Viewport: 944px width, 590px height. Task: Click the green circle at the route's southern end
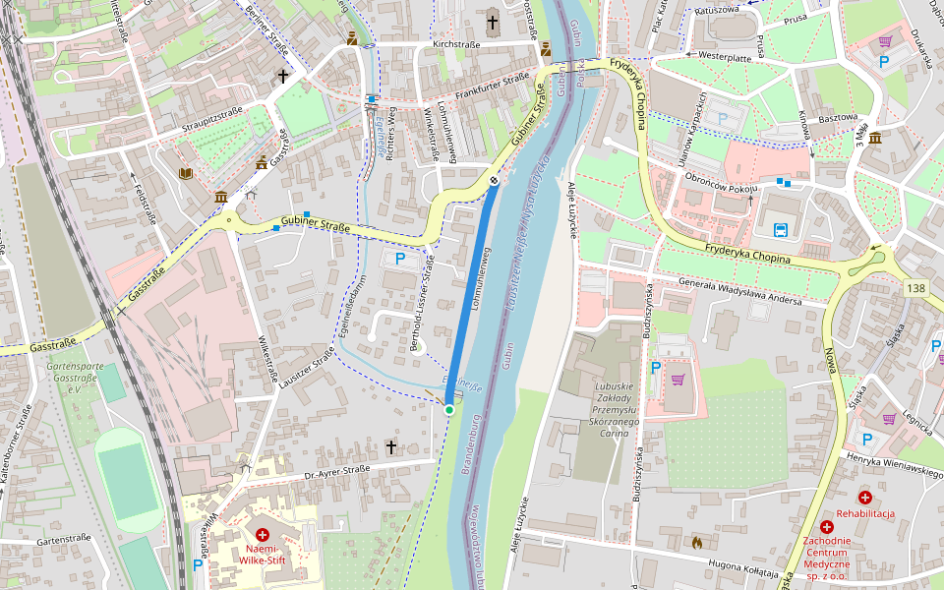point(449,409)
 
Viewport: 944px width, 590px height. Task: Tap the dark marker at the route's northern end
point(494,180)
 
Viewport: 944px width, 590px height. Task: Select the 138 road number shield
point(916,288)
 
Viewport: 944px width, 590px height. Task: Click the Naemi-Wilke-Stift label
point(262,555)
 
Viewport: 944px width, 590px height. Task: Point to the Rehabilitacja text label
point(865,513)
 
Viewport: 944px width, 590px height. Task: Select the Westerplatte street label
point(724,55)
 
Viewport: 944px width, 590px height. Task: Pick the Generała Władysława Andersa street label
point(739,293)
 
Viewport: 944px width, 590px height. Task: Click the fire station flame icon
point(696,541)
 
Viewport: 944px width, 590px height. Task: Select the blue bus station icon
point(781,231)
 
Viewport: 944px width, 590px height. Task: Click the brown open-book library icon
point(185,174)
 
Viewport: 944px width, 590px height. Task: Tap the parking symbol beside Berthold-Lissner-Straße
point(400,259)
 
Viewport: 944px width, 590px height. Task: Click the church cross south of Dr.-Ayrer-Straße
point(390,447)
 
